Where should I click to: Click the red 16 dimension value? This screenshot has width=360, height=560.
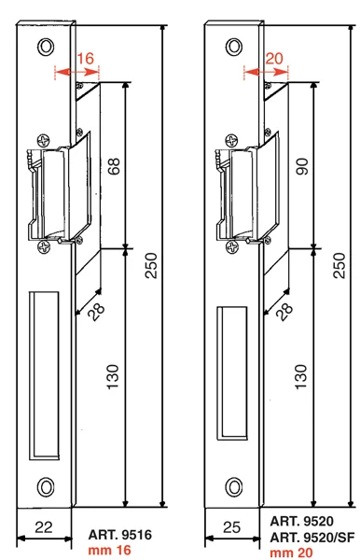tap(86, 58)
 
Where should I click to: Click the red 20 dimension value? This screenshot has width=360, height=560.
tap(274, 58)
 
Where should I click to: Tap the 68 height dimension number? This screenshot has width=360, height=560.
tap(114, 166)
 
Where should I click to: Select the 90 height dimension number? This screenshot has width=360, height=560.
tap(302, 166)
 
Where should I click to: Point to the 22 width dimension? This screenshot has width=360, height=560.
tap(44, 527)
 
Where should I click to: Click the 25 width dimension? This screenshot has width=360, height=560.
tap(232, 527)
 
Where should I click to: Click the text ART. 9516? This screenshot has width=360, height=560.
tap(120, 535)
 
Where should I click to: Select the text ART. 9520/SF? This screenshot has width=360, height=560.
tap(312, 538)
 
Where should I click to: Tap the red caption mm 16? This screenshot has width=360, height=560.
tap(109, 550)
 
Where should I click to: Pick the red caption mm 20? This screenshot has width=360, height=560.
tap(291, 553)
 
